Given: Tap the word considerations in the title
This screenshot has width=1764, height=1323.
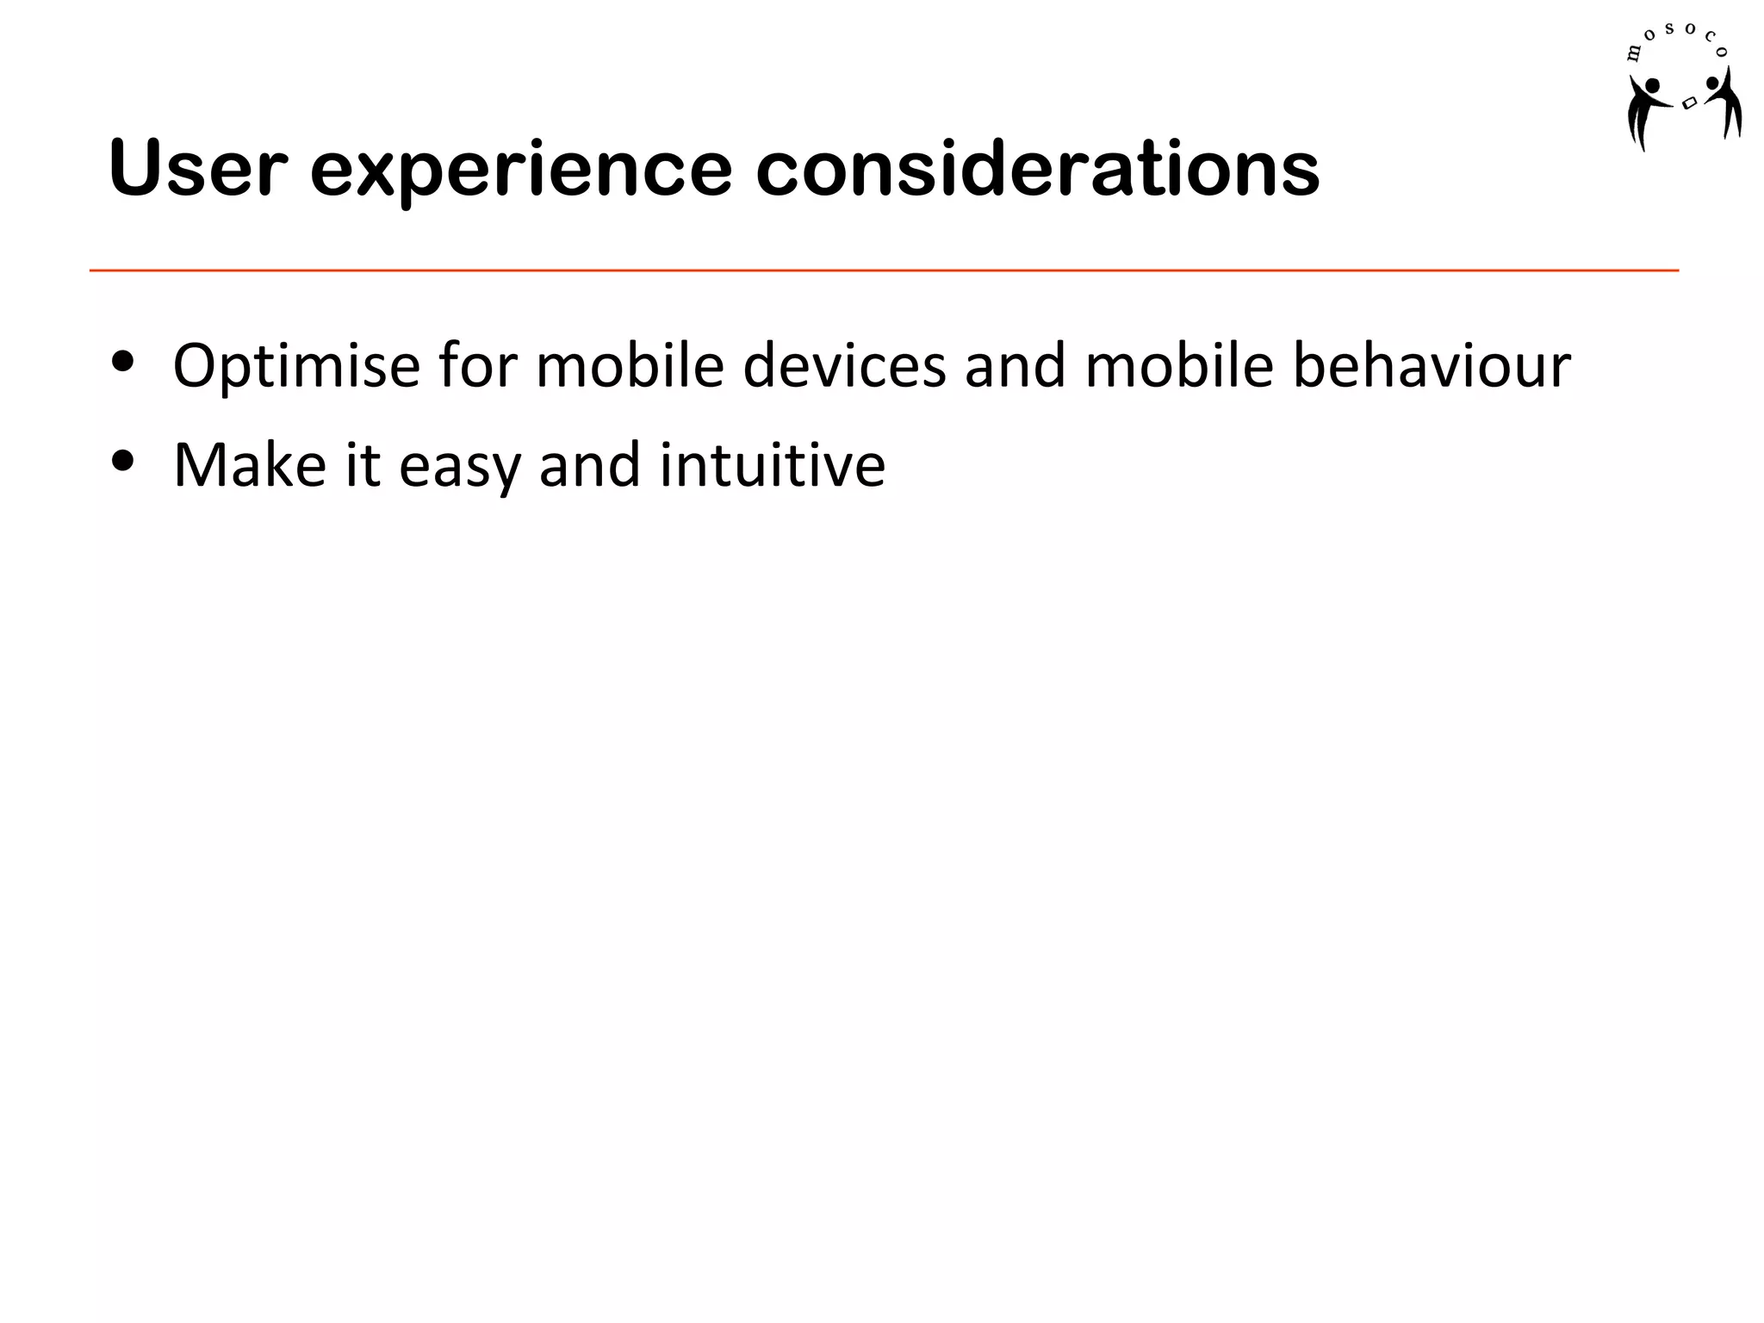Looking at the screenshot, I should (1037, 169).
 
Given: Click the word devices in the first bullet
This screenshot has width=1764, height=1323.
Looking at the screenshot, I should (844, 365).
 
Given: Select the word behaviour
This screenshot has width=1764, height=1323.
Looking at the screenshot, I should (1432, 365).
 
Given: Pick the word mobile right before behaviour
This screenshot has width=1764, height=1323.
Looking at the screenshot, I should (1179, 365).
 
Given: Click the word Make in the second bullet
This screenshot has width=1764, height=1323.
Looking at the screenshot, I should (250, 465).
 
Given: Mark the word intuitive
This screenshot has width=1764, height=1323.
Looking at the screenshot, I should (773, 465).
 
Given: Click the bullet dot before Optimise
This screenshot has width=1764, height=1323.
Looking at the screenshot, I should (123, 363).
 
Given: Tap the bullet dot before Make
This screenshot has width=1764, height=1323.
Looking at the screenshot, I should (123, 462).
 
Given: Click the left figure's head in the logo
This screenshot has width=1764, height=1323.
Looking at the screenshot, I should (1652, 85).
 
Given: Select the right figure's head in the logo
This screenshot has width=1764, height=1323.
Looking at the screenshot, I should (1712, 84).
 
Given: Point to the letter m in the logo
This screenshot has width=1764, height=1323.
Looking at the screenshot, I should (1633, 54).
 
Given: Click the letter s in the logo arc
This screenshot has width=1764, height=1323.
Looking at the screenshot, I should (1669, 29).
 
